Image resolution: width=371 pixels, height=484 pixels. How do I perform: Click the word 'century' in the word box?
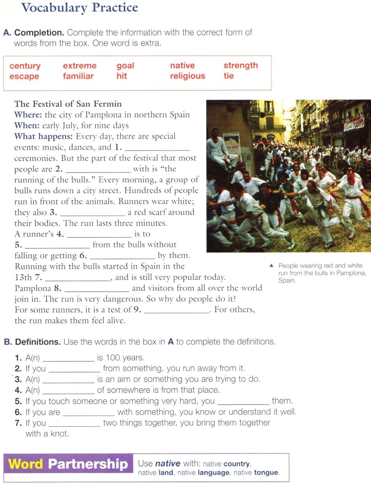25,66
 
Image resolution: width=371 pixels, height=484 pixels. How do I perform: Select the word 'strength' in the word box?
240,65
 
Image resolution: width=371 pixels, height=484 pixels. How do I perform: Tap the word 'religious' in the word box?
187,76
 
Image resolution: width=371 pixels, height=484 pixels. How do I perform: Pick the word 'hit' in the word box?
122,76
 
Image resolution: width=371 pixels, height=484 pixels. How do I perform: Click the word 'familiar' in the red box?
78,76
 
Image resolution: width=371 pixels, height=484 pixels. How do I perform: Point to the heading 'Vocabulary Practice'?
79,7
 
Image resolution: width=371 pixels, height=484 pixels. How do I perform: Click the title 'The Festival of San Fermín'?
68,104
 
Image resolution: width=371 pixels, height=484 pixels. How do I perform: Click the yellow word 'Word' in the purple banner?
25,464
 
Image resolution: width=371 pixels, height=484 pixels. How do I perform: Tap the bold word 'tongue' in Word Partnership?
266,473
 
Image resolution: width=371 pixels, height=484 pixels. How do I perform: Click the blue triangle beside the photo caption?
272,265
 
